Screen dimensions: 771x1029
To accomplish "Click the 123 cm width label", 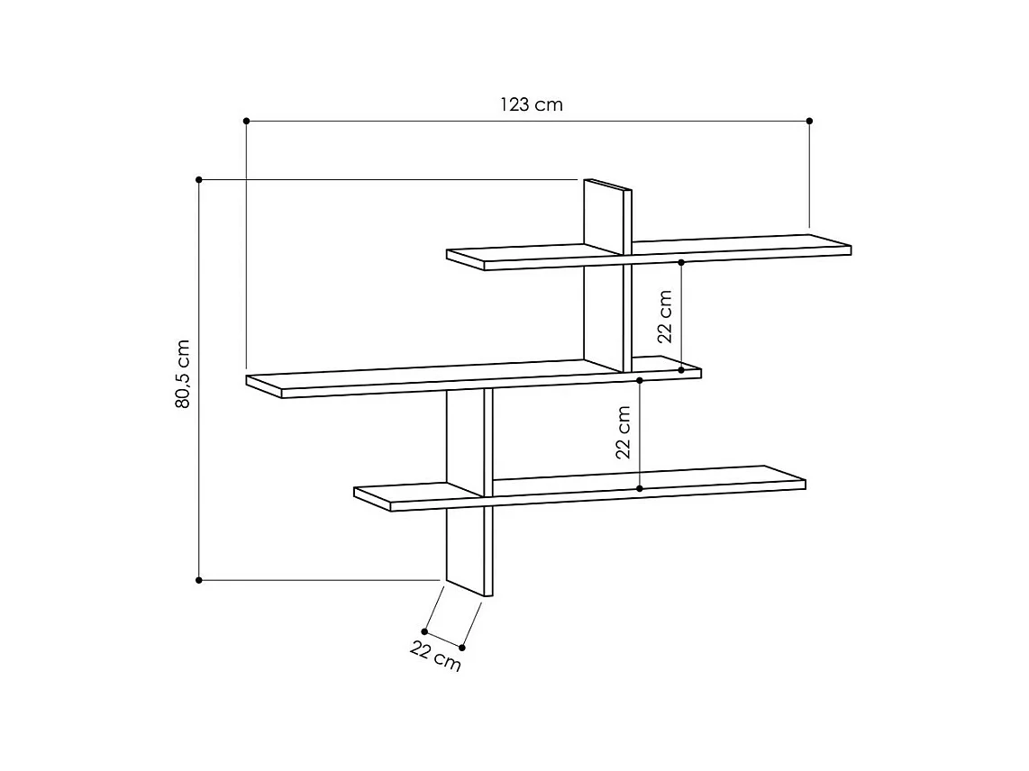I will (x=532, y=104).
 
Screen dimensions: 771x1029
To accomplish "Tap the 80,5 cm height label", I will (x=183, y=374).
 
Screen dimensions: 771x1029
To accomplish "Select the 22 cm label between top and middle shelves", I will (x=666, y=316).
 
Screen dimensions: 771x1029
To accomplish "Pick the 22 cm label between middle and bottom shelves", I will (x=624, y=432).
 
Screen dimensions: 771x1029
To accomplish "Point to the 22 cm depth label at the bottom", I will (x=436, y=656).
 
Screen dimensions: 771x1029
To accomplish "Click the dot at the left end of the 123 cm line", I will (x=246, y=120).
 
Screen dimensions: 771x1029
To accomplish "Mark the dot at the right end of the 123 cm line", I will (x=809, y=120).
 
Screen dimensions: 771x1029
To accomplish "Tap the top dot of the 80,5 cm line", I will (x=199, y=179).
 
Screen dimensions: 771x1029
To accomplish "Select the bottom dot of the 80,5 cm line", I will (x=199, y=580).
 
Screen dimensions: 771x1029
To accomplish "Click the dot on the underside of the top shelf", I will (x=681, y=262).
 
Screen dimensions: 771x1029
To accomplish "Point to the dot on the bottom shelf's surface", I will (x=640, y=488).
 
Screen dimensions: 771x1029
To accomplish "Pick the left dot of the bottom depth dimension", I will (x=424, y=631).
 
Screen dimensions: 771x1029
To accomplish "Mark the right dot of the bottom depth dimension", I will (x=462, y=647).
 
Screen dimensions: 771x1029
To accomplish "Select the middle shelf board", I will (x=405, y=377).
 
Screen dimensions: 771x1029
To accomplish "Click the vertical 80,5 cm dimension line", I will (x=199, y=270).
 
